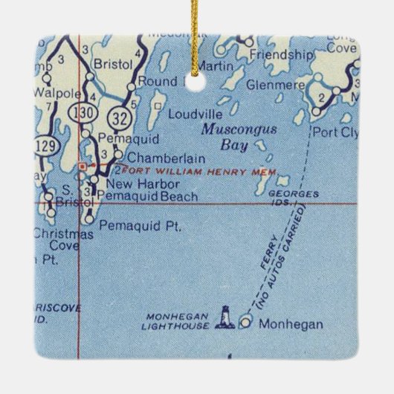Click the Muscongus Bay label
coord(228,136)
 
